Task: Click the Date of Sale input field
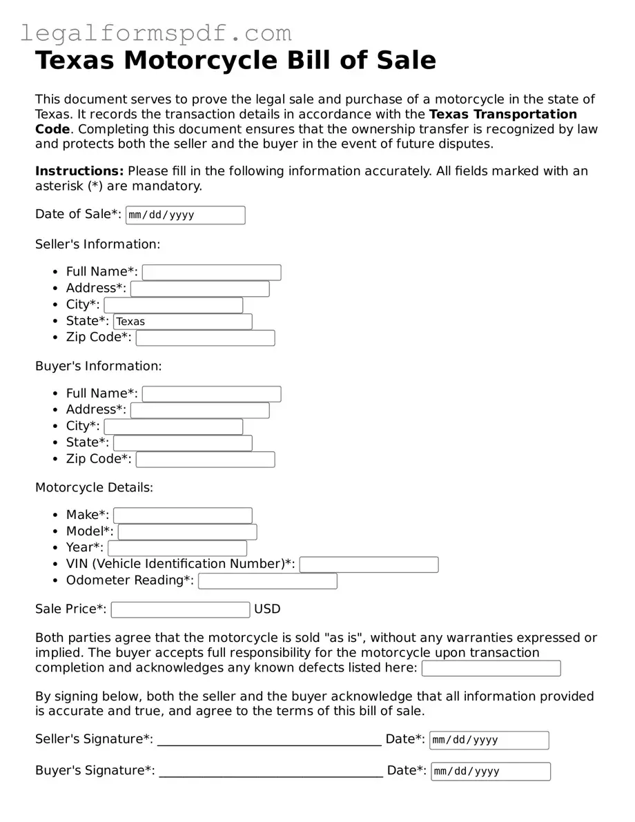click(x=185, y=215)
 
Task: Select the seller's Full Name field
click(x=211, y=272)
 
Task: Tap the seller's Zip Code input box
click(x=205, y=338)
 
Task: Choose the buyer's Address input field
click(x=199, y=410)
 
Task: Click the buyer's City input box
click(x=173, y=427)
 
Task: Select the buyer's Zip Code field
click(x=205, y=460)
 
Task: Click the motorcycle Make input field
click(x=183, y=516)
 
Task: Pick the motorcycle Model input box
click(x=187, y=532)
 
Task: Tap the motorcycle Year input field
click(x=177, y=548)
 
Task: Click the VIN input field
click(x=369, y=565)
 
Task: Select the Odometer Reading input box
click(x=268, y=581)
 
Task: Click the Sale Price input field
click(x=180, y=609)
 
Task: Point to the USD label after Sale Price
click(x=267, y=609)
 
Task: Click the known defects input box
click(x=491, y=668)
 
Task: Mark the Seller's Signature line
click(x=269, y=740)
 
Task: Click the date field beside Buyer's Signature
click(x=491, y=771)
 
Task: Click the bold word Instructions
click(x=79, y=171)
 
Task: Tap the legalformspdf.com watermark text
click(x=156, y=33)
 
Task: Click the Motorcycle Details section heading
click(x=94, y=487)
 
